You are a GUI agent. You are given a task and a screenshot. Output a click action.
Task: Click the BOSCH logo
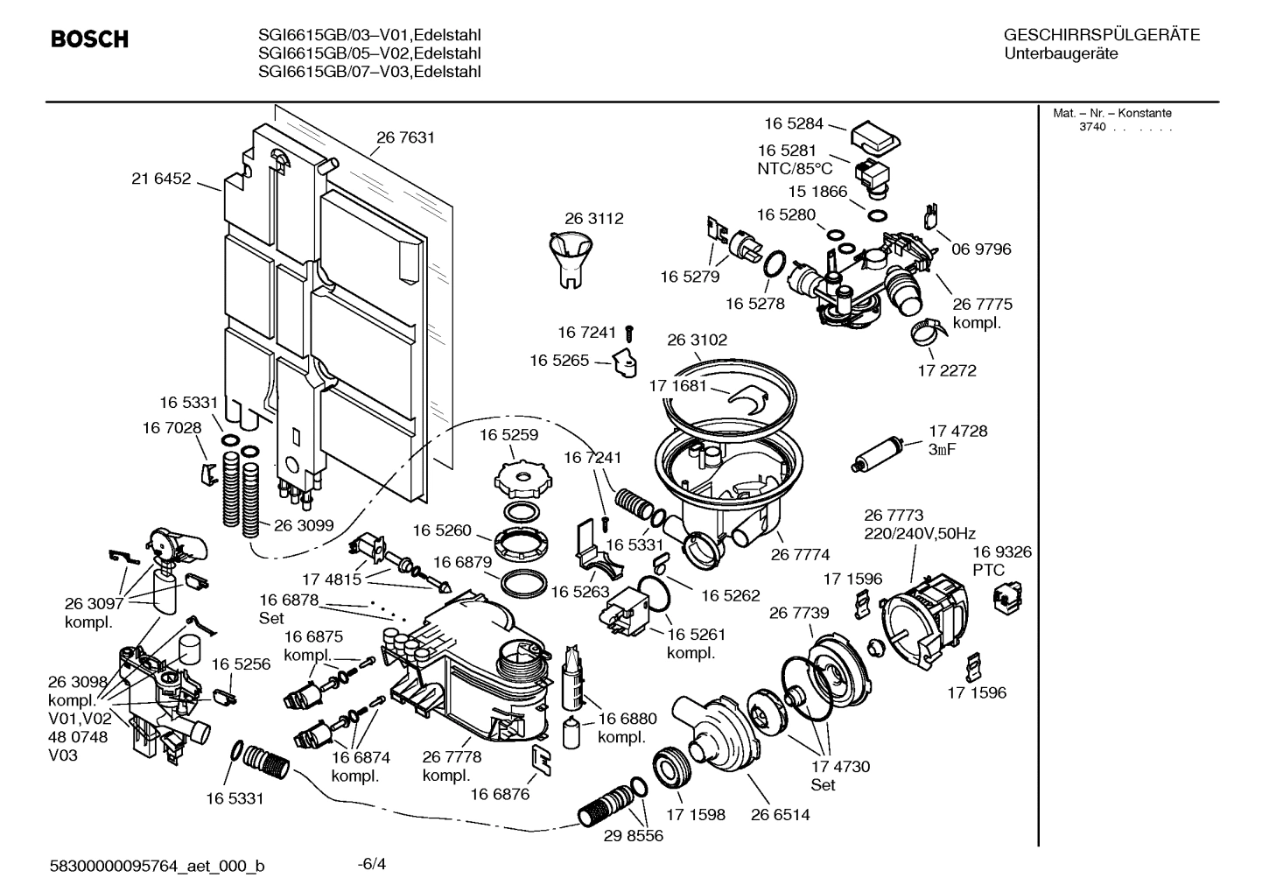click(89, 39)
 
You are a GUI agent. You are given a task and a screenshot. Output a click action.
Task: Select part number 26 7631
click(405, 137)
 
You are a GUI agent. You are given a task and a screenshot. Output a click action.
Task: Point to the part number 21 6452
click(161, 179)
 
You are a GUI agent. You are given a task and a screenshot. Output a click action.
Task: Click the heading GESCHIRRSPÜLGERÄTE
click(1101, 35)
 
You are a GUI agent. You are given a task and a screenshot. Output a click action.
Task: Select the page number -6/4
click(372, 864)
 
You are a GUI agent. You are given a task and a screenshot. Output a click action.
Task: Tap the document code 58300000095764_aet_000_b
click(158, 867)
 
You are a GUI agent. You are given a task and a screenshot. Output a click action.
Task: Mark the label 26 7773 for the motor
click(893, 516)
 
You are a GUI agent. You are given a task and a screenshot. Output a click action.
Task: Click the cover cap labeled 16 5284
click(875, 136)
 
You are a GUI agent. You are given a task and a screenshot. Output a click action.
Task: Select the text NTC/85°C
click(795, 168)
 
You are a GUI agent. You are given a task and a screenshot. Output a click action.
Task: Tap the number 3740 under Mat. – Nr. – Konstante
click(1092, 127)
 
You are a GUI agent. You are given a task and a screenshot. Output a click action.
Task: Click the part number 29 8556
click(633, 836)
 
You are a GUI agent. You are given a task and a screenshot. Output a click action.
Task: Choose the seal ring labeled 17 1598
click(676, 769)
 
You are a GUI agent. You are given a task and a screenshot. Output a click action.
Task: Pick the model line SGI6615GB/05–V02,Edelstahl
click(370, 53)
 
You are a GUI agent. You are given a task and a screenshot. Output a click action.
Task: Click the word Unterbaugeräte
click(1061, 53)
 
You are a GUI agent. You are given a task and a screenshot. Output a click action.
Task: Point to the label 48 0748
click(78, 737)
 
